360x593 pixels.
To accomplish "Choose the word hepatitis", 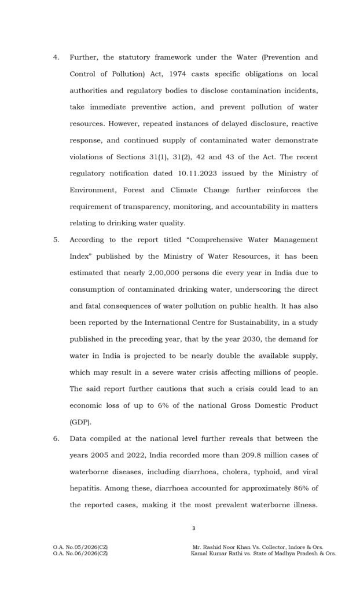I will click(85, 488).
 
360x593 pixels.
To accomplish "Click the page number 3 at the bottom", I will click(194, 528).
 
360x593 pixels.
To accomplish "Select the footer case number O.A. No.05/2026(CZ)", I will click(79, 547).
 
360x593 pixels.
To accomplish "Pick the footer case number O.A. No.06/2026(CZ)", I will click(79, 554).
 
